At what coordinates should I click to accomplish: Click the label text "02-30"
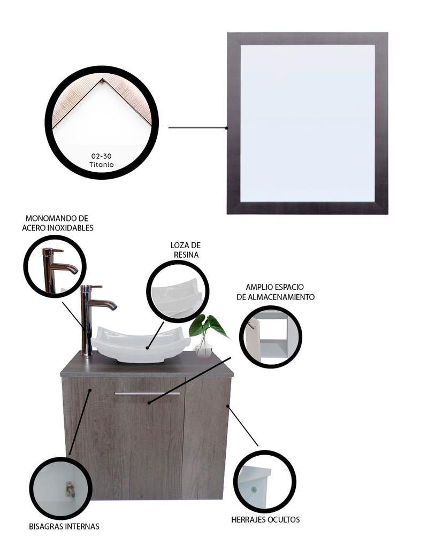click(101, 156)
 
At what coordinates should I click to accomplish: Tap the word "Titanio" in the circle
click(101, 164)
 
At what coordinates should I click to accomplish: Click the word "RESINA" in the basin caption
click(186, 255)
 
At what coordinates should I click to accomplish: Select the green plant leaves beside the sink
click(208, 326)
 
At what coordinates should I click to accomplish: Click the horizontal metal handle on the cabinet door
click(147, 393)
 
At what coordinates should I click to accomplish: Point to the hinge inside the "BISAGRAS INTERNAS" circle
click(70, 489)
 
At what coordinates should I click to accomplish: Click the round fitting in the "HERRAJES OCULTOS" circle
click(254, 490)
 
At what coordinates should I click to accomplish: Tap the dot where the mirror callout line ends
click(226, 128)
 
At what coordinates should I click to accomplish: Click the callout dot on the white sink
click(147, 348)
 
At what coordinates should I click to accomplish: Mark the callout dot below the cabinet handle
click(149, 402)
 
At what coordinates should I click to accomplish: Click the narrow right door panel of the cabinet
click(206, 438)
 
